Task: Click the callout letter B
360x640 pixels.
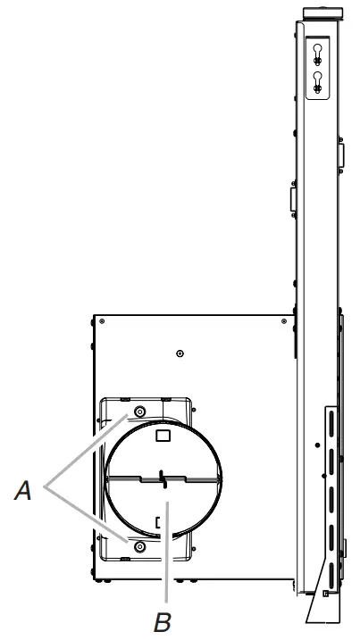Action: [161, 618]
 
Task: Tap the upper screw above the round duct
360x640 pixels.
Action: [140, 411]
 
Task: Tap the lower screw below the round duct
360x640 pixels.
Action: [138, 543]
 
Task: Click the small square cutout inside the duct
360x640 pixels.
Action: [163, 436]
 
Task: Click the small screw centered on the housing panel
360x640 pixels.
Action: [180, 354]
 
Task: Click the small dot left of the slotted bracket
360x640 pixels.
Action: [316, 444]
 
